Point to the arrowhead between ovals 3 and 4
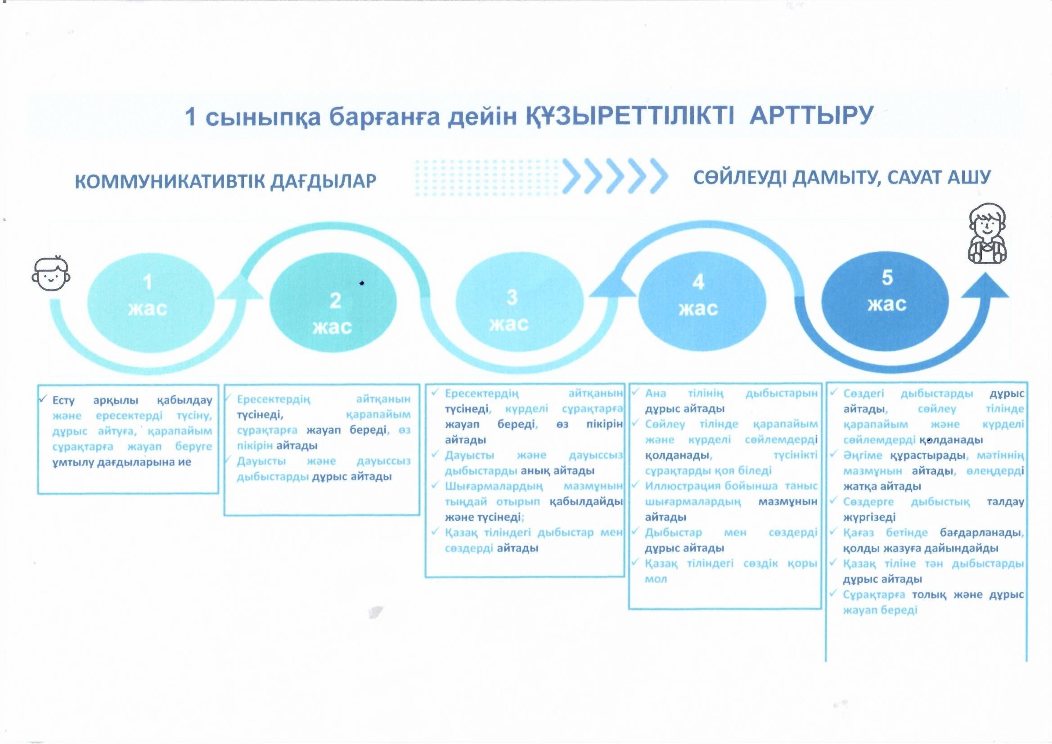coord(612,284)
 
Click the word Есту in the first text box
coord(63,400)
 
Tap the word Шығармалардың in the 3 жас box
coord(494,486)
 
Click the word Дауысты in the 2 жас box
coord(261,461)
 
